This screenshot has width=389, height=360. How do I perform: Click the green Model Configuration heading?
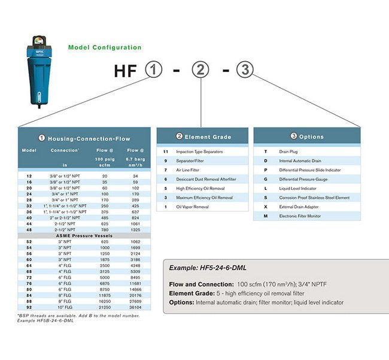click(105, 47)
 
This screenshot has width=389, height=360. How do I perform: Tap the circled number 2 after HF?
click(201, 70)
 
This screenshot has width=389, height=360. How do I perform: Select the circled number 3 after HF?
click(244, 70)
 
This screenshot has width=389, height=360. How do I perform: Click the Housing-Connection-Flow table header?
click(84, 138)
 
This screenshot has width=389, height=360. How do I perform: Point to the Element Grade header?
click(203, 137)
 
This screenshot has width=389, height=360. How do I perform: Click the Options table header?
click(306, 137)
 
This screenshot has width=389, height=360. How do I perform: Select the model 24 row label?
click(29, 194)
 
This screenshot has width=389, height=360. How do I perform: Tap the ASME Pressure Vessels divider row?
click(84, 236)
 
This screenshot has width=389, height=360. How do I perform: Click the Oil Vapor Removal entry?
click(192, 207)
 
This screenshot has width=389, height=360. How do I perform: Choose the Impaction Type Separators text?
click(199, 152)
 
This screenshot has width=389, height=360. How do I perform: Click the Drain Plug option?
click(288, 152)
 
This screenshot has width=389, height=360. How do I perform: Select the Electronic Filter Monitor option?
click(300, 216)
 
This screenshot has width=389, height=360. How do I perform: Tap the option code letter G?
click(265, 179)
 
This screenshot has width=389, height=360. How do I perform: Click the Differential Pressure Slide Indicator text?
click(309, 170)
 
